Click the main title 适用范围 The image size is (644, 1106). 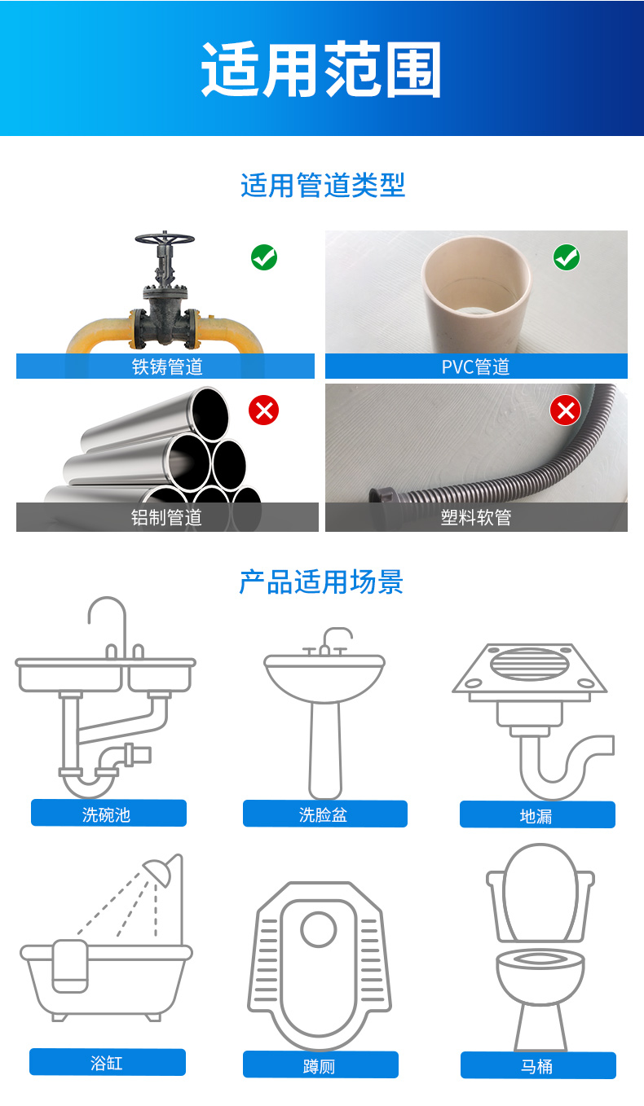[x=320, y=69]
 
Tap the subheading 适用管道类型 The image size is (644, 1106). [x=323, y=185]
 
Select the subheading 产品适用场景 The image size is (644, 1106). [x=321, y=582]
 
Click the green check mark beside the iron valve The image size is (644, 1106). [x=264, y=257]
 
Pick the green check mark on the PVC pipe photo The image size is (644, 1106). [x=567, y=257]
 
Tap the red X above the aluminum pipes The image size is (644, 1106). [x=264, y=410]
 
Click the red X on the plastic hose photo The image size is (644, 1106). [x=566, y=410]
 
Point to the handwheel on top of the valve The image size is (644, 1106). [x=165, y=239]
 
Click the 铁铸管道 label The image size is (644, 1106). [x=167, y=366]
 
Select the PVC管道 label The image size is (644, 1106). [x=475, y=366]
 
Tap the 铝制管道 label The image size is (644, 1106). [x=166, y=517]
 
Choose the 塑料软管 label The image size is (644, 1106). [x=476, y=517]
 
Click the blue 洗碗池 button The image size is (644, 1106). [x=108, y=813]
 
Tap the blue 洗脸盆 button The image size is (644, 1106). [x=325, y=814]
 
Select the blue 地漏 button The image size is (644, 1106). [x=538, y=814]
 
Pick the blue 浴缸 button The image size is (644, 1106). [x=108, y=1062]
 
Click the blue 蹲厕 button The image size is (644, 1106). [x=320, y=1064]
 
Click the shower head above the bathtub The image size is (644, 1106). [x=158, y=872]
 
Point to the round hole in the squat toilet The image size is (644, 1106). [x=319, y=929]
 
